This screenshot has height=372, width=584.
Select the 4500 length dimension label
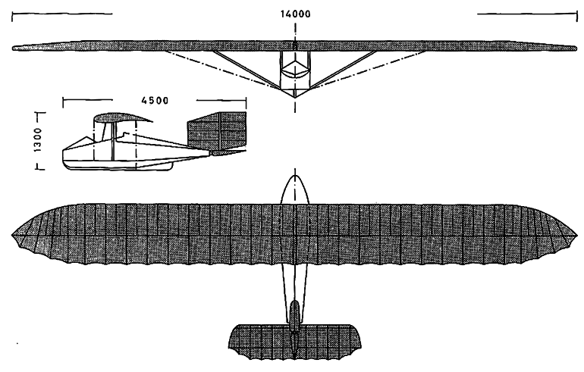click(x=153, y=98)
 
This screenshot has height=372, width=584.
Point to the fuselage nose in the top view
click(x=294, y=182)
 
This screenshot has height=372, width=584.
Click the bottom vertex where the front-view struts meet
click(x=294, y=96)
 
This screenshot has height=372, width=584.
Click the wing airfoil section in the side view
click(x=121, y=119)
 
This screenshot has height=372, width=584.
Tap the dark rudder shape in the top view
click(x=294, y=317)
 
